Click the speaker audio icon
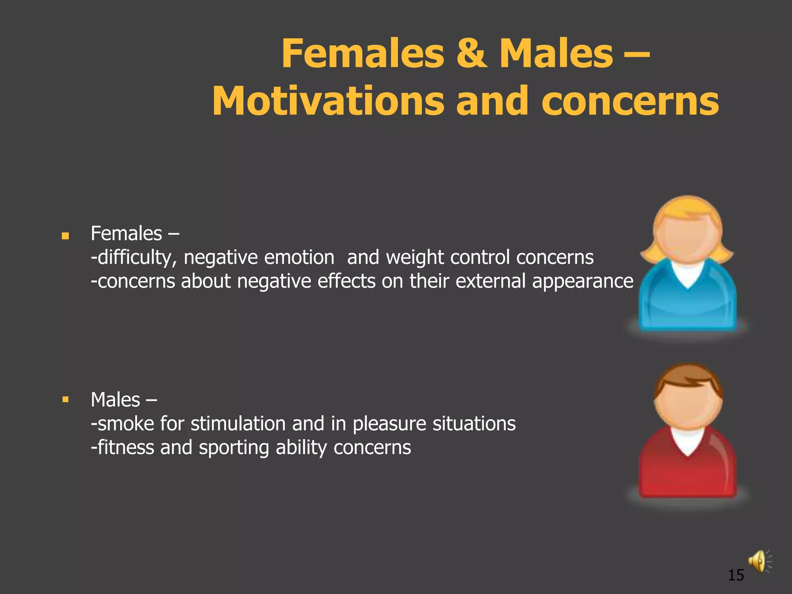coord(758,561)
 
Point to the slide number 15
coord(736,575)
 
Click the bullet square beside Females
coord(65,236)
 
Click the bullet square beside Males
coord(65,399)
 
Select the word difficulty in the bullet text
coord(134,258)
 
